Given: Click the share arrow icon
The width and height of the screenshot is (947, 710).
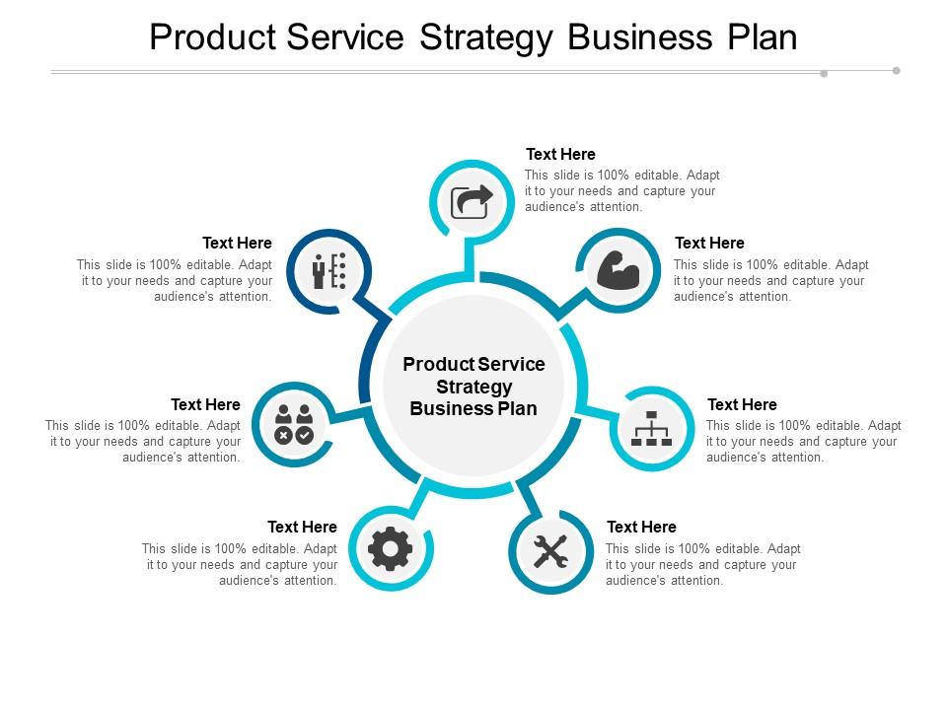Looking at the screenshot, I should point(472,201).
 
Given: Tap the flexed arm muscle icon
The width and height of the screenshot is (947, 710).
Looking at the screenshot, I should point(619,270).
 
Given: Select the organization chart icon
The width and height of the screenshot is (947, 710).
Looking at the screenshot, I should point(651,428).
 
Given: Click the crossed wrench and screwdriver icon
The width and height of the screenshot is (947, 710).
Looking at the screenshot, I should point(550,550).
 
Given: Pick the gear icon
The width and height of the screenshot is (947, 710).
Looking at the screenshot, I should point(391,548).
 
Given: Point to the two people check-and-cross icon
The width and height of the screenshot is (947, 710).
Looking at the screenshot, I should point(294,423).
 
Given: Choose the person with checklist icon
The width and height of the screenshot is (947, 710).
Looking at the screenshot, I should point(329,270).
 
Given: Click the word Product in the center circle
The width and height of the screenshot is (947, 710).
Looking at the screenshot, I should point(436,364).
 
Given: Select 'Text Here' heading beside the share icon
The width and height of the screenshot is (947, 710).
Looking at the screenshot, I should point(560,154).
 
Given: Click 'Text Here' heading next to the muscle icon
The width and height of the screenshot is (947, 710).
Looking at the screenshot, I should point(709,243).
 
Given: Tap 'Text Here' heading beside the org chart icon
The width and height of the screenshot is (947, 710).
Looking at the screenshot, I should point(742,404).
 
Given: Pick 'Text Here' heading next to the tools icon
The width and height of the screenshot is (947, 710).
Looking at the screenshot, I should point(641,527).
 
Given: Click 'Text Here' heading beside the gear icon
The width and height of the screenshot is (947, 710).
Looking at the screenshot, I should point(302,527).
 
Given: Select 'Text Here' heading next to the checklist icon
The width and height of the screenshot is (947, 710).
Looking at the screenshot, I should point(237,243).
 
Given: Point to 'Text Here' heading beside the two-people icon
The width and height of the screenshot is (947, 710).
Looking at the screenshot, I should point(205,404).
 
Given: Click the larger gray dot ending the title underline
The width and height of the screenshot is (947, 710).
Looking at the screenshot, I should point(896,70).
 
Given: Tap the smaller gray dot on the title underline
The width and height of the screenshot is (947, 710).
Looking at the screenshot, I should point(824,73).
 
